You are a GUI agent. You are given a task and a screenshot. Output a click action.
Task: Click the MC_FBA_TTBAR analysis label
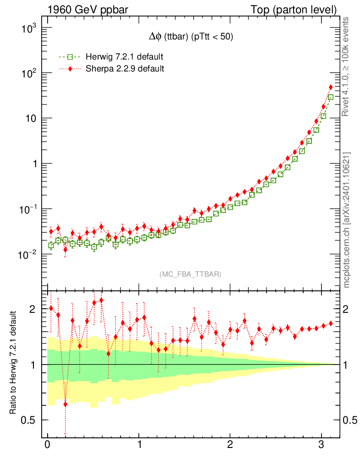[191, 274]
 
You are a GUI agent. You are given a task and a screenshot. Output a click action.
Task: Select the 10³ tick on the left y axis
[28, 28]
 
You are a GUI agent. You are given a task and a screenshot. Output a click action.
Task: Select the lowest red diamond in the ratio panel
[65, 404]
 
